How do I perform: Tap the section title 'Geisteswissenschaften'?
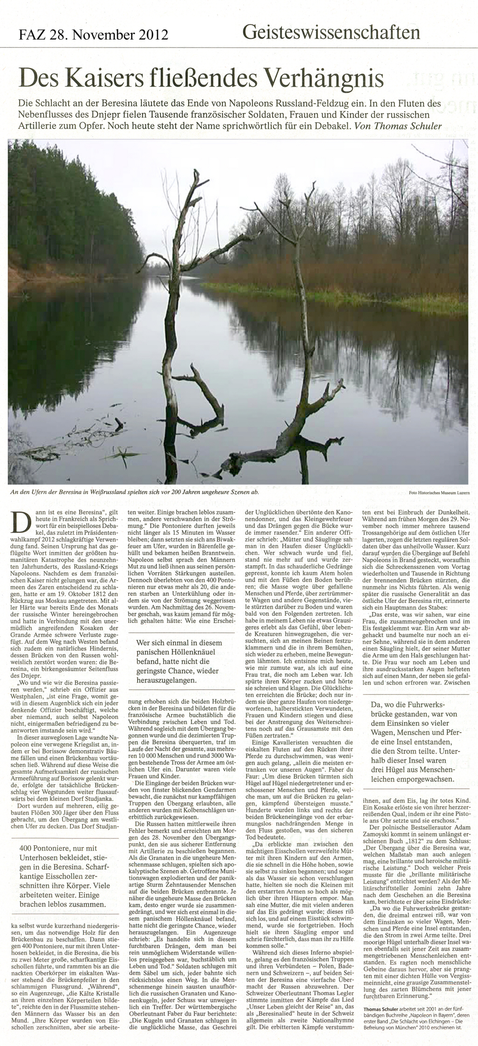[331, 32]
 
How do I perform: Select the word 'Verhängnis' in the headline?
[323, 78]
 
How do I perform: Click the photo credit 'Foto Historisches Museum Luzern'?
[439, 493]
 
